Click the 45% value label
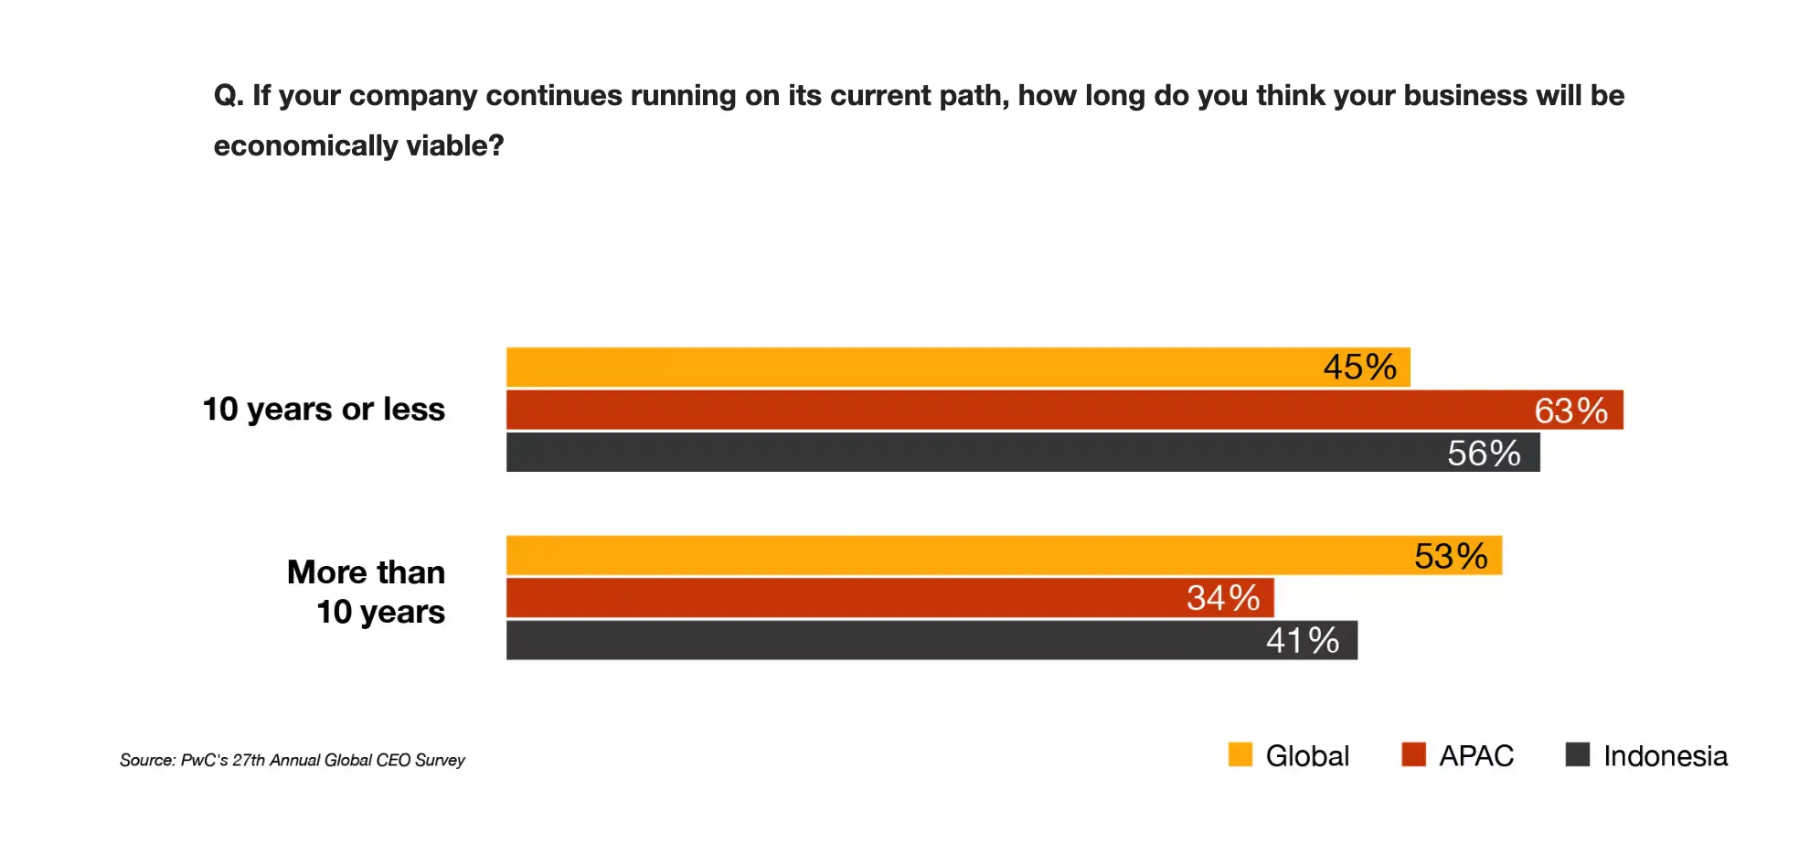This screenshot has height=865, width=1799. point(1359,368)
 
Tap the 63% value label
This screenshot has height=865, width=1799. point(1570,411)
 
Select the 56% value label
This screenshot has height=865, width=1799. point(1484,454)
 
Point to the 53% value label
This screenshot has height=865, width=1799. point(1451,556)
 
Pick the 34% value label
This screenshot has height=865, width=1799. point(1223,598)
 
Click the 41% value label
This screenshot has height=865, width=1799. point(1303,640)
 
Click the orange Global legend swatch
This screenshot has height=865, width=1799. point(1240,754)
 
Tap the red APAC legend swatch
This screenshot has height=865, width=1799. point(1413,754)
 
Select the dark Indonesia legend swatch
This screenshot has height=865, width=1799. point(1577,754)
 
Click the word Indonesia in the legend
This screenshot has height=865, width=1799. point(1665,756)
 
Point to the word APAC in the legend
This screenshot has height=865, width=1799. point(1476,756)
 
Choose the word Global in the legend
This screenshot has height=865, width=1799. point(1307,756)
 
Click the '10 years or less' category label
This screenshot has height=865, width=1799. point(324,410)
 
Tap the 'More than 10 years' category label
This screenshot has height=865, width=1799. point(367,592)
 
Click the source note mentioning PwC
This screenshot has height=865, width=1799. point(293,760)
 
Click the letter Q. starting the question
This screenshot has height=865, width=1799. point(228,95)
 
